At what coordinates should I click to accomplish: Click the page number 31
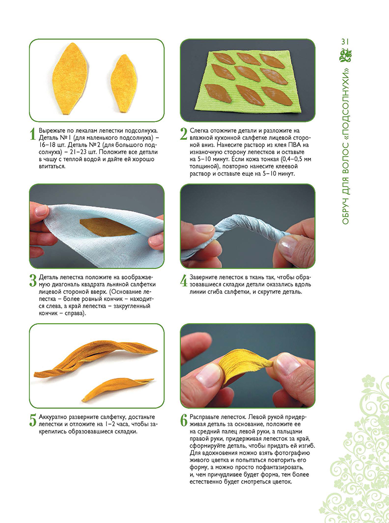pos(345,42)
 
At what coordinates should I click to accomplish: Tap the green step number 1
pos(32,134)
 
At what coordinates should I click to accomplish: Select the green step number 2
pos(184,134)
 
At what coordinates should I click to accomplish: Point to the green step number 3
pos(32,280)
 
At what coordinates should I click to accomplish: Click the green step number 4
pos(184,280)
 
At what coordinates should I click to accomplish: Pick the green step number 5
pos(32,421)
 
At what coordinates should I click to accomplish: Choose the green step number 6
pos(184,421)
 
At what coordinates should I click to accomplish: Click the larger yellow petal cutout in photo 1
pos(70,78)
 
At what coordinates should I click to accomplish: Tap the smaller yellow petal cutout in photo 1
pos(124,83)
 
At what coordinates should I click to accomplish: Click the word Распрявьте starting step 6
pos(203,417)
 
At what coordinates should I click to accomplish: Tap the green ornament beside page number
pos(345,55)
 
